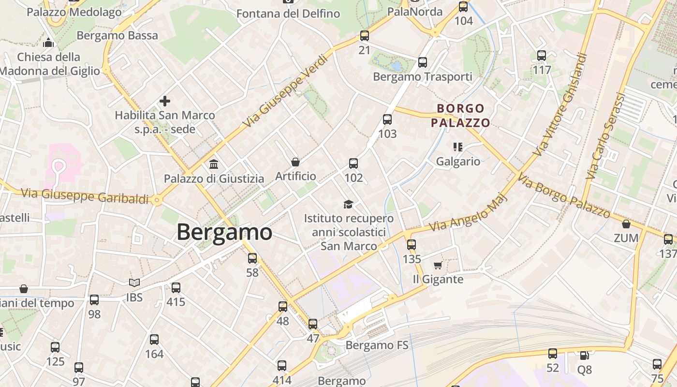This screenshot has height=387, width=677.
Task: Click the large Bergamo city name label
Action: click(224, 232)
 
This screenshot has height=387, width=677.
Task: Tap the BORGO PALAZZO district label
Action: click(460, 116)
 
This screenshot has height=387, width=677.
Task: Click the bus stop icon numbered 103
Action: click(387, 119)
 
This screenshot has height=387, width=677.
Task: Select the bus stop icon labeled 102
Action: click(353, 164)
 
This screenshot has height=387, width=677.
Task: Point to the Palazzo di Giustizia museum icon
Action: click(214, 164)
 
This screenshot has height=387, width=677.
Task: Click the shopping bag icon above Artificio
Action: click(295, 162)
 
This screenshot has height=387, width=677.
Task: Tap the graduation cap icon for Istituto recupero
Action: click(348, 204)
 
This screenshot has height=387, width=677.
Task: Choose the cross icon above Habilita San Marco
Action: click(165, 101)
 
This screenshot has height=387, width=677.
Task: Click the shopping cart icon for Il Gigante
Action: click(438, 265)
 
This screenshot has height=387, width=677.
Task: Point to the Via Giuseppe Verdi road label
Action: click(285, 91)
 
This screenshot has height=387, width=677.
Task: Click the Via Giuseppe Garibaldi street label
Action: click(85, 195)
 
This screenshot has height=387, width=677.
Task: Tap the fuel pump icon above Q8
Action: click(584, 356)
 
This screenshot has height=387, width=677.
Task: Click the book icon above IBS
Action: click(134, 283)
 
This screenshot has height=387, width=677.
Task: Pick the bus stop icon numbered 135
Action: click(412, 245)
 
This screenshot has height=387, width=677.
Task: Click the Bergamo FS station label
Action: click(377, 345)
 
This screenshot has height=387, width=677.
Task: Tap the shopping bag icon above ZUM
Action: click(626, 224)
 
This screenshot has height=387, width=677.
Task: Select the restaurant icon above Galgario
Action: click(457, 147)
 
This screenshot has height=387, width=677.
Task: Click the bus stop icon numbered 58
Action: click(252, 258)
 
